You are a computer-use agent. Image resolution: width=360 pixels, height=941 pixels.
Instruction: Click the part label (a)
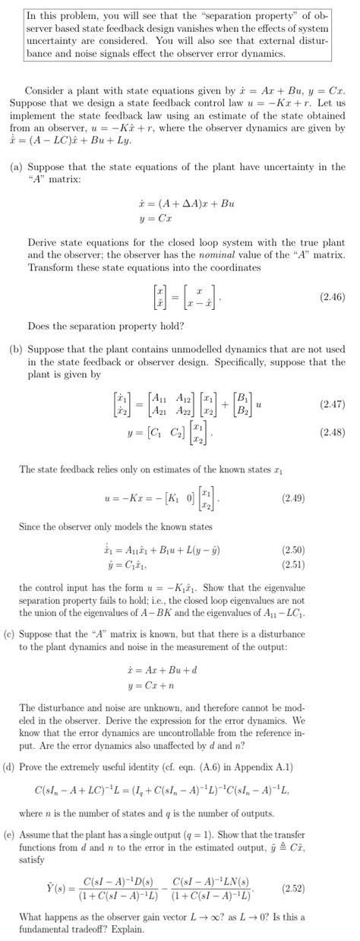[16, 167]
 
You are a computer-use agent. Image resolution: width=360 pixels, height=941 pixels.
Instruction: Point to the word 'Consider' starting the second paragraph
[44, 90]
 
